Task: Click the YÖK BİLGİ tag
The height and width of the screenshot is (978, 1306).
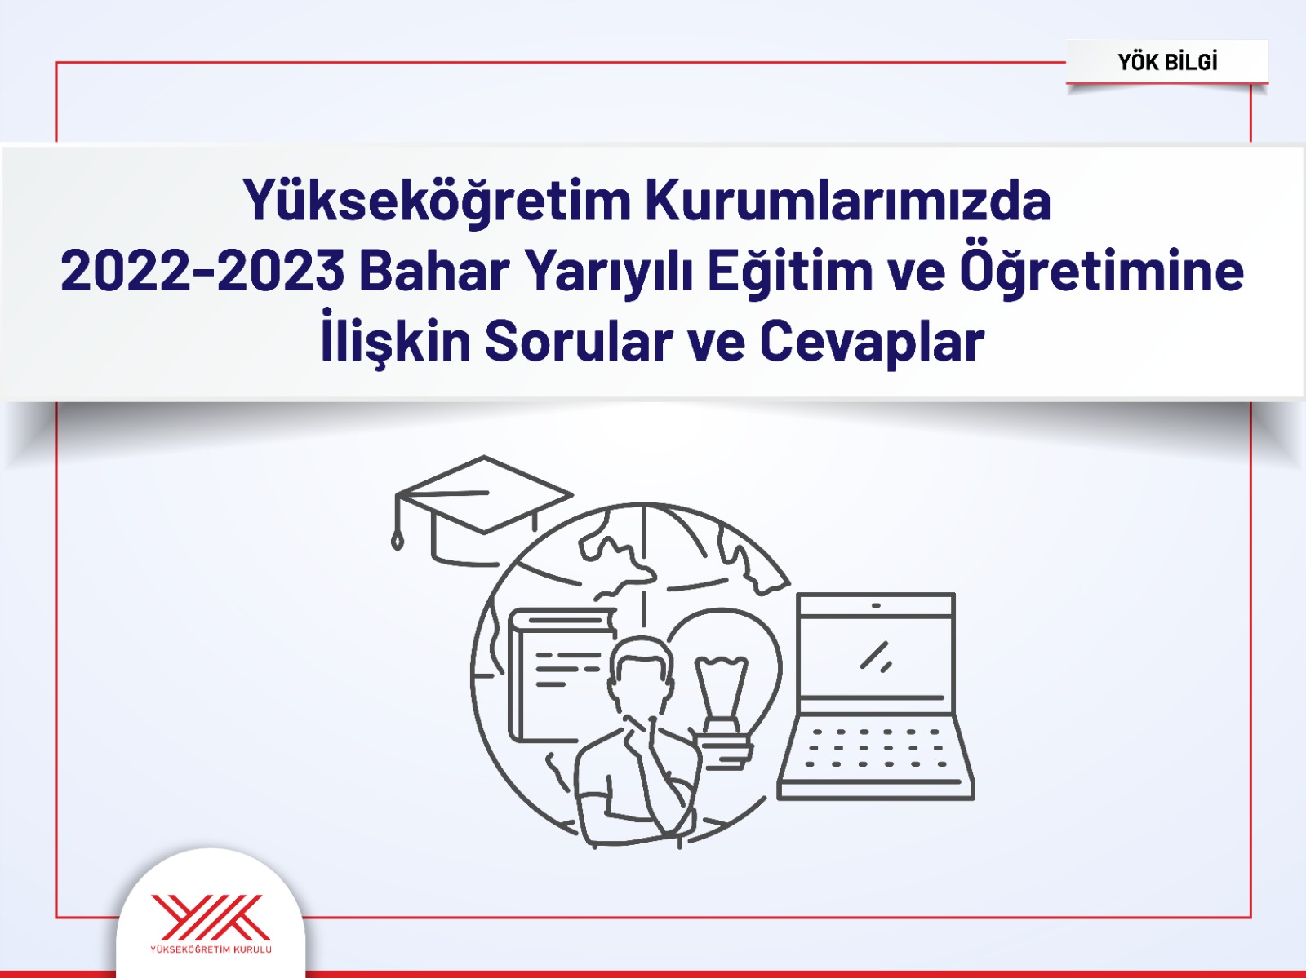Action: pos(1167,62)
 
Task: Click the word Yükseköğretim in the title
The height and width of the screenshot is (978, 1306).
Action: pos(437,201)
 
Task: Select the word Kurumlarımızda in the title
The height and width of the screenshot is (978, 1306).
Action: pos(848,201)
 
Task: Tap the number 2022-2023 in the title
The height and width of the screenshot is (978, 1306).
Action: pos(202,271)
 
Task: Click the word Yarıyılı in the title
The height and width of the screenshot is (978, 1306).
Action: pos(607,271)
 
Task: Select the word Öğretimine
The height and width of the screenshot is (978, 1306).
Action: pos(1101,271)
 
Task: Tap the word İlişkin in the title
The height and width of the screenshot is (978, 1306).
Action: pos(395,341)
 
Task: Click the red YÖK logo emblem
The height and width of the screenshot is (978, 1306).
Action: pos(211,917)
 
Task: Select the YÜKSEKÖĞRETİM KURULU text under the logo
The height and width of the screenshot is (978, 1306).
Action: pos(211,949)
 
